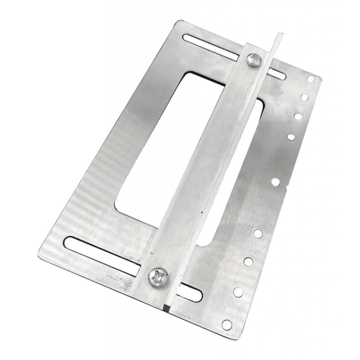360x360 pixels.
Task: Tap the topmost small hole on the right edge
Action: [x=311, y=79]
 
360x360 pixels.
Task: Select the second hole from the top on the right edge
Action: [x=304, y=97]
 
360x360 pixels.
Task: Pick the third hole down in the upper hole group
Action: [x=298, y=116]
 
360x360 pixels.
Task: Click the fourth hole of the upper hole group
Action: [x=291, y=137]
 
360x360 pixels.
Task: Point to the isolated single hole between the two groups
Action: [x=276, y=182]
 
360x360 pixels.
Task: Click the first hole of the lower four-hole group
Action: [x=258, y=233]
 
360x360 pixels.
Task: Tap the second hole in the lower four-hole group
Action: [x=248, y=261]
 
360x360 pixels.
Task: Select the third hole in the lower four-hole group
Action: [x=238, y=292]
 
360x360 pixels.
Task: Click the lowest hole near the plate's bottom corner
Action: [x=227, y=324]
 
